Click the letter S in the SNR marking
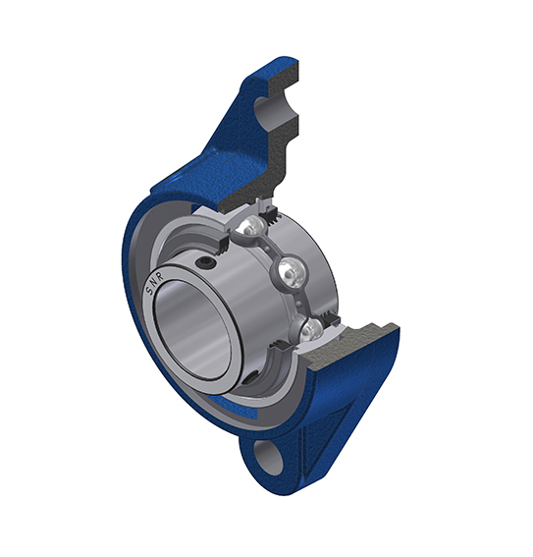(x=150, y=291)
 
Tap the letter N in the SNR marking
(x=154, y=282)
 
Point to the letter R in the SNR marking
(x=159, y=276)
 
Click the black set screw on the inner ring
(x=205, y=263)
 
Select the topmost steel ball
(x=251, y=225)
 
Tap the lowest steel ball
(x=311, y=331)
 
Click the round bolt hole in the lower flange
(x=269, y=458)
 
